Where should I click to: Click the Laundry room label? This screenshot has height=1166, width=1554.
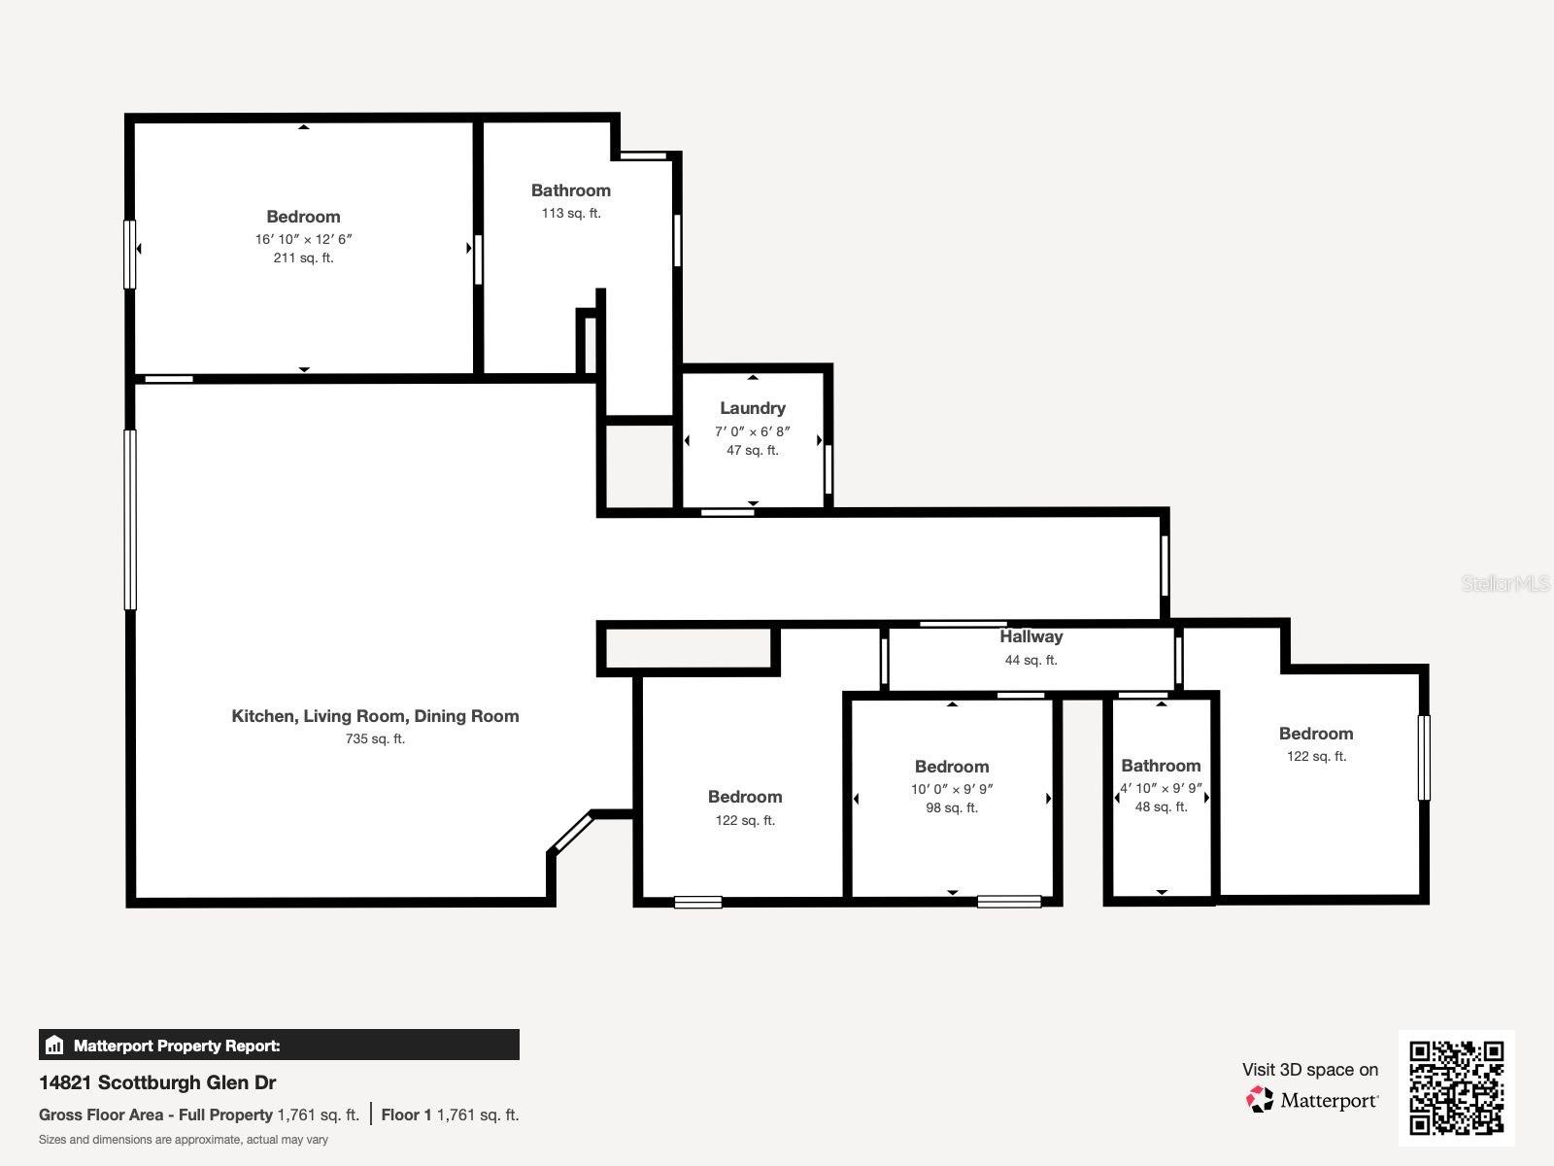click(x=752, y=408)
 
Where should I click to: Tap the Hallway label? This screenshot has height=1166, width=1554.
click(x=1030, y=636)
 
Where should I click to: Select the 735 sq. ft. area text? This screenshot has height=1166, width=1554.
click(x=375, y=738)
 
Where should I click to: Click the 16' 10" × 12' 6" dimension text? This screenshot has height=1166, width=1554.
click(x=303, y=239)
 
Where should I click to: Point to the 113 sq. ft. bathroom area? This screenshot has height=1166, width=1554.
click(x=570, y=213)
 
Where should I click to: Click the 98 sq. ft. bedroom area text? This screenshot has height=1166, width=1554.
click(x=951, y=807)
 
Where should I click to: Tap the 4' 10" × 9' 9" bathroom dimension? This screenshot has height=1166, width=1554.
click(x=1161, y=789)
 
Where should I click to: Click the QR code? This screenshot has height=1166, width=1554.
click(x=1456, y=1087)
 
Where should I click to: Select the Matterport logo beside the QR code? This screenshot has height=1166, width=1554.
click(x=1312, y=1100)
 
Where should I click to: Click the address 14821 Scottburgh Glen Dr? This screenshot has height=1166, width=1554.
click(x=157, y=1082)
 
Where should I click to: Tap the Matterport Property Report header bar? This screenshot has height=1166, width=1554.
click(x=279, y=1046)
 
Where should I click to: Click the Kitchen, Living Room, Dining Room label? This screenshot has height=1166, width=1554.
click(x=375, y=716)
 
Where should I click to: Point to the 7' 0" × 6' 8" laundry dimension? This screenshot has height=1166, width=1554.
click(x=752, y=431)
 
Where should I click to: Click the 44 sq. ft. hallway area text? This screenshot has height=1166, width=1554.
click(x=1030, y=660)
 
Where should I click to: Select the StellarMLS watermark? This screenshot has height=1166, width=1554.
click(x=1505, y=583)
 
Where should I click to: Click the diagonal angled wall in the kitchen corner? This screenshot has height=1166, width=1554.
click(x=570, y=833)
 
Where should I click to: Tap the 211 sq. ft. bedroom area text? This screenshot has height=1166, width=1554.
click(x=303, y=257)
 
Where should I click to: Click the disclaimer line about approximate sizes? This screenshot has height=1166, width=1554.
click(x=183, y=1140)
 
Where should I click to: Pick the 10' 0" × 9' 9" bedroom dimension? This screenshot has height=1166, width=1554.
click(x=951, y=789)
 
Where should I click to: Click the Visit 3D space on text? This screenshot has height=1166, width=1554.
click(x=1309, y=1070)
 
